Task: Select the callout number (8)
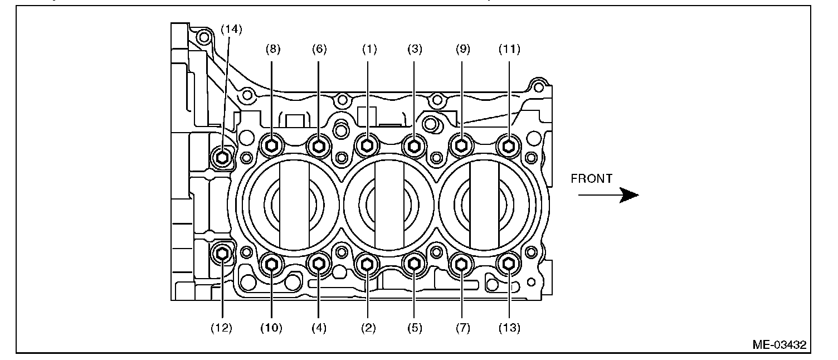pos(272,49)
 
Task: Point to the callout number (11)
pos(509,49)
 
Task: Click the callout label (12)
pos(222,328)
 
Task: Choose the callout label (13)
pos(509,328)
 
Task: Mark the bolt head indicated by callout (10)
pos(272,264)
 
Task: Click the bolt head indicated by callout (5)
pos(414,264)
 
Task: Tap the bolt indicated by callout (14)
pos(223,158)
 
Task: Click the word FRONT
pos(592,179)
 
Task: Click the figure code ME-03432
pos(779,345)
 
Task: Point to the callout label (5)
pos(414,328)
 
